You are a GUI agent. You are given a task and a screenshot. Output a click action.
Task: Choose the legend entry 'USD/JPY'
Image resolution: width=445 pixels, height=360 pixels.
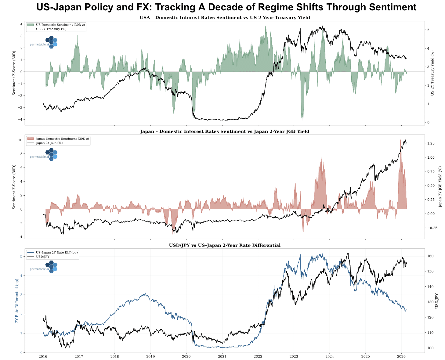click(42, 257)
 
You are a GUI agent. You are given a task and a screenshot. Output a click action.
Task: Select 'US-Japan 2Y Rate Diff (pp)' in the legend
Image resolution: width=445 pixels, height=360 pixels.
click(56, 252)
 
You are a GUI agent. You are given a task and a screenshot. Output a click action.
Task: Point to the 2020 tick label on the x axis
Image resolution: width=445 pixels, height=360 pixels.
click(186, 356)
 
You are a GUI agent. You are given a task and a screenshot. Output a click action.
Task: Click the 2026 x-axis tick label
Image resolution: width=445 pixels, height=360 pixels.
click(401, 356)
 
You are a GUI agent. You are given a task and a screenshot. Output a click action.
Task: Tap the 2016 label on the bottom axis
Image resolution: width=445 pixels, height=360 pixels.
click(43, 356)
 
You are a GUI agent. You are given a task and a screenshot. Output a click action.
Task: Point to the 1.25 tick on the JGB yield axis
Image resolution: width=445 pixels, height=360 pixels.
click(431, 143)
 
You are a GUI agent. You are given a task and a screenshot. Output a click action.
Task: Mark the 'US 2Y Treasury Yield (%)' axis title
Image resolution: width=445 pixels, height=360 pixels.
click(432, 73)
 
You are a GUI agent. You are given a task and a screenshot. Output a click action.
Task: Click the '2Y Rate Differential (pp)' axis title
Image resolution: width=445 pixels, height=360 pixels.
click(17, 301)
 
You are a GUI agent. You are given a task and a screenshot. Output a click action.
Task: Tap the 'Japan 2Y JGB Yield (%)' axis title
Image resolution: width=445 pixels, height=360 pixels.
click(440, 187)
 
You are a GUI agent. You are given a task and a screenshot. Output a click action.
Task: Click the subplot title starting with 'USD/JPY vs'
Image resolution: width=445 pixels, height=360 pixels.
click(225, 245)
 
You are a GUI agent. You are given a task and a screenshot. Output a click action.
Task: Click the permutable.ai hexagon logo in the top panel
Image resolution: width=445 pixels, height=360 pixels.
click(51, 42)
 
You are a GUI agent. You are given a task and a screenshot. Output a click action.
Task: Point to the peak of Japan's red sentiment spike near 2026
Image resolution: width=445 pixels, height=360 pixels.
click(400, 140)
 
